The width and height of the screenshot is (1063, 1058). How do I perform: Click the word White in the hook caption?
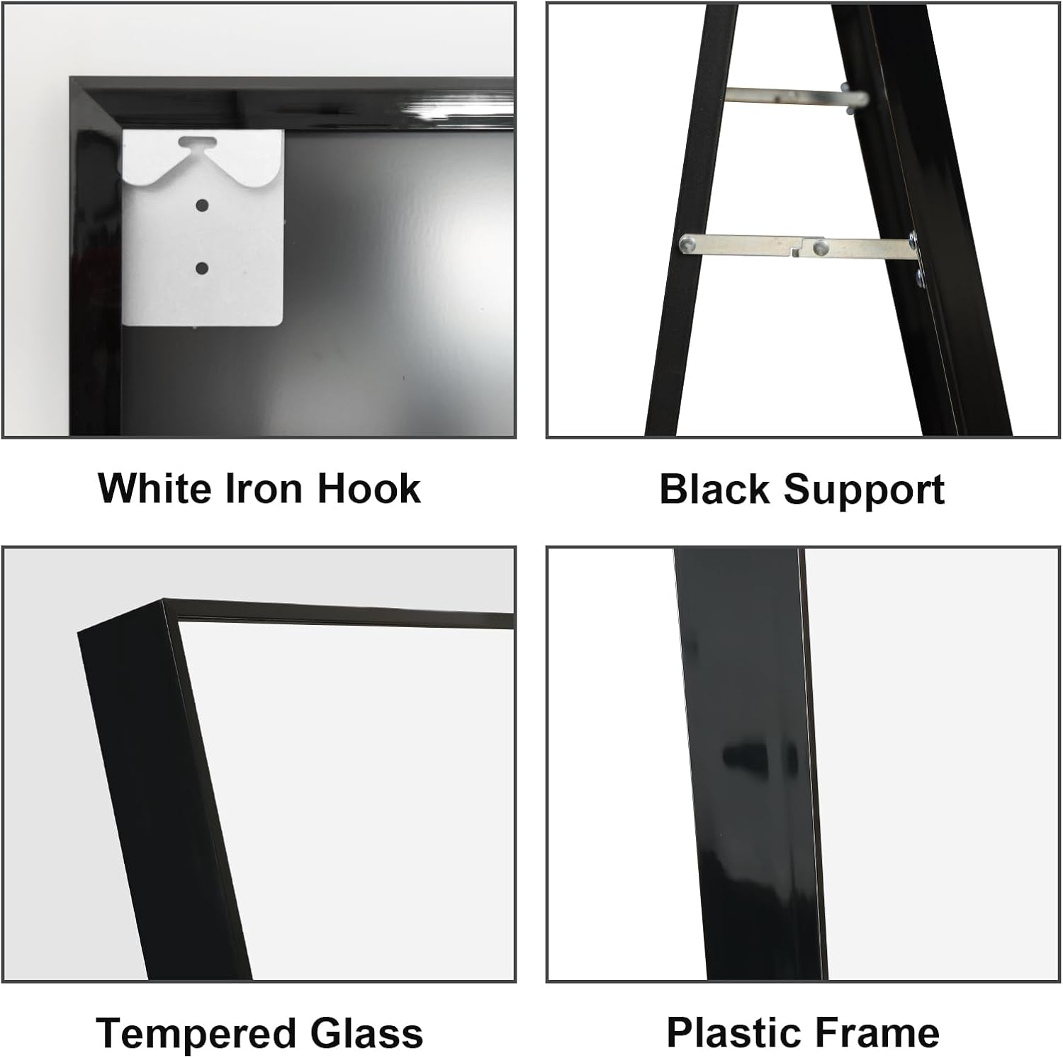tap(154, 488)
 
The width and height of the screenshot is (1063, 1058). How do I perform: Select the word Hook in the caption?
tap(369, 488)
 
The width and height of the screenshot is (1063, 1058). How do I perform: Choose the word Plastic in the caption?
tap(731, 1032)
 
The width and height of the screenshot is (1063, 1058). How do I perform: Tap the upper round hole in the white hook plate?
tap(202, 206)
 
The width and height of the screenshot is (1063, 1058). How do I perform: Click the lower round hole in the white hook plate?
tap(202, 269)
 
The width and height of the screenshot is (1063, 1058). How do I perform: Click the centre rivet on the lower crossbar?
tap(821, 247)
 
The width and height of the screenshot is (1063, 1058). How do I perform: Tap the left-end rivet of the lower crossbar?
tap(686, 244)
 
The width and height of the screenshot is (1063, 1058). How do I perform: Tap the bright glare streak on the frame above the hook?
tap(461, 110)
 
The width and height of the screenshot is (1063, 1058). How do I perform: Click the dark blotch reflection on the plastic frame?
tap(751, 758)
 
